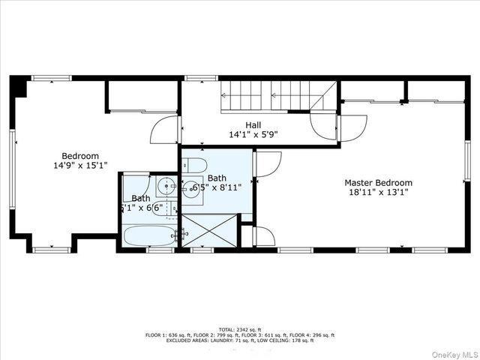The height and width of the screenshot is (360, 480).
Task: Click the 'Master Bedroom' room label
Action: point(378,182)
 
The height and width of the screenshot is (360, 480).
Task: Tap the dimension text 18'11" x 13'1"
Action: point(378,193)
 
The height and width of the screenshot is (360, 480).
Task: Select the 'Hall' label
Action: point(253,125)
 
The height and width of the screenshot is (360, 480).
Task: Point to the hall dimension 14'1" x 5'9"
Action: point(253,136)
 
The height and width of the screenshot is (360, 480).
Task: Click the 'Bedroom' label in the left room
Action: point(80,156)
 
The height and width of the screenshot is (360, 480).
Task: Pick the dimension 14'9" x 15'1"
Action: point(80,166)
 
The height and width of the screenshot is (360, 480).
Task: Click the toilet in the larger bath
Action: point(189,165)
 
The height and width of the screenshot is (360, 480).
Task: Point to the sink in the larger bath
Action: point(192,187)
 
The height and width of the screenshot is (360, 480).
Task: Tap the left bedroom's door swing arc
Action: point(163,130)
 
